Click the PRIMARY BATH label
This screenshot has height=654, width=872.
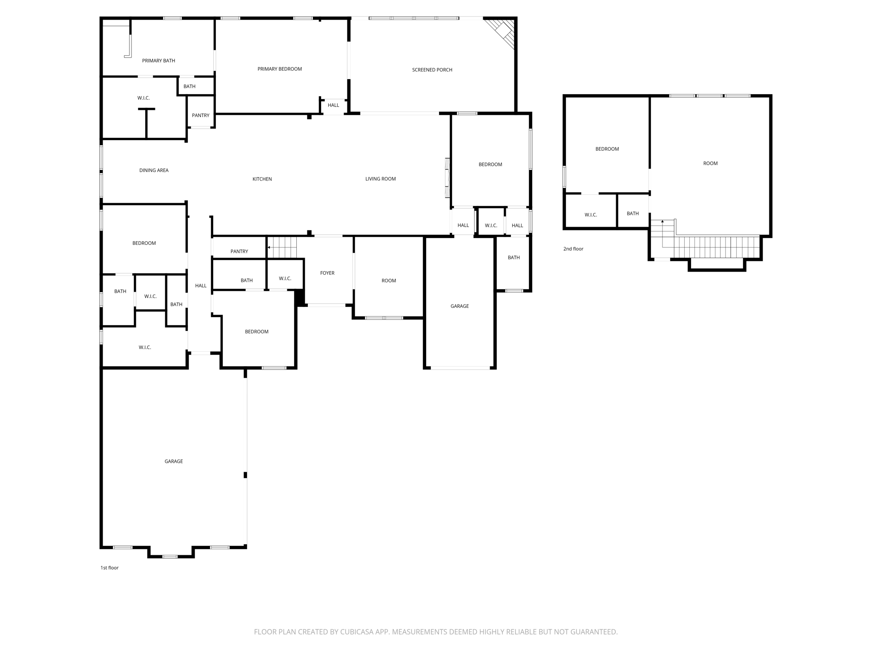158,61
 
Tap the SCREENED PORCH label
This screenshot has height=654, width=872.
432,70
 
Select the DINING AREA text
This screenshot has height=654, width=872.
154,170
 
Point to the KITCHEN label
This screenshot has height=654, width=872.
262,179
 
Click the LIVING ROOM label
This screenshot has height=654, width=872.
380,179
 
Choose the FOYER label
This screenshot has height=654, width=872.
327,273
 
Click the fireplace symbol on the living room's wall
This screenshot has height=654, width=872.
447,178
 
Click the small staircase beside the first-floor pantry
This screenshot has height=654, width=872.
282,247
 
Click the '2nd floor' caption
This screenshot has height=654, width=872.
573,249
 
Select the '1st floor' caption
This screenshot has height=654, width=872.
109,568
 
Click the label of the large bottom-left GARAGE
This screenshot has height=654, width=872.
173,461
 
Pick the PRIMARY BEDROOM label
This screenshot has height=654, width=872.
279,69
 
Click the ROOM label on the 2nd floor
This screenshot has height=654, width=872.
710,163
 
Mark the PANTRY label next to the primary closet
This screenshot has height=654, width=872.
201,115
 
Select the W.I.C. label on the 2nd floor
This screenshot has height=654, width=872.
591,215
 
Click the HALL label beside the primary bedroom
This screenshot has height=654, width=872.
333,105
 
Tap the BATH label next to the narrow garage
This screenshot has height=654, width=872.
513,258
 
